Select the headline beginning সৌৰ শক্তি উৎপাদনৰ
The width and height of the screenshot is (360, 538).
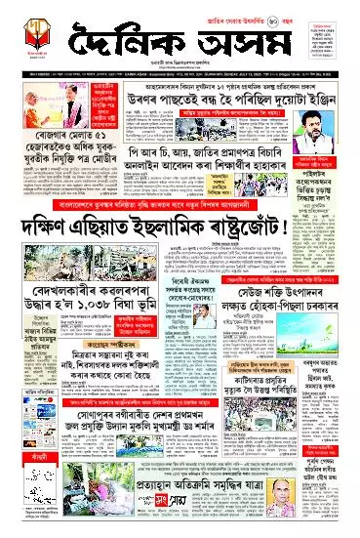(x=263, y=319)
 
